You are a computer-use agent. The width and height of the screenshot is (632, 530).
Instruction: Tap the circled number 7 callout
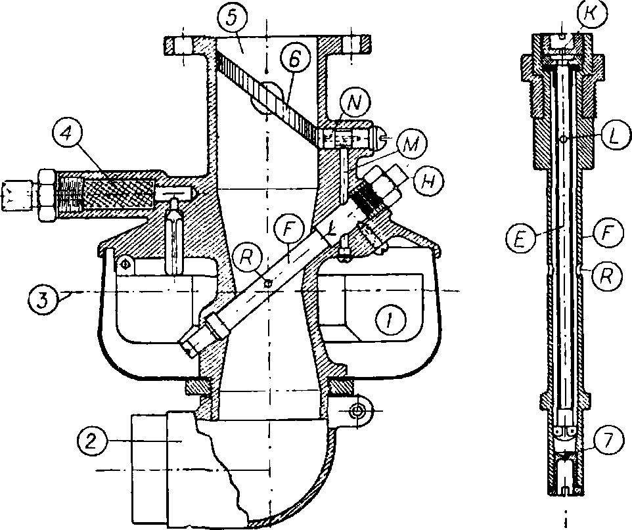coord(607,441)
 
